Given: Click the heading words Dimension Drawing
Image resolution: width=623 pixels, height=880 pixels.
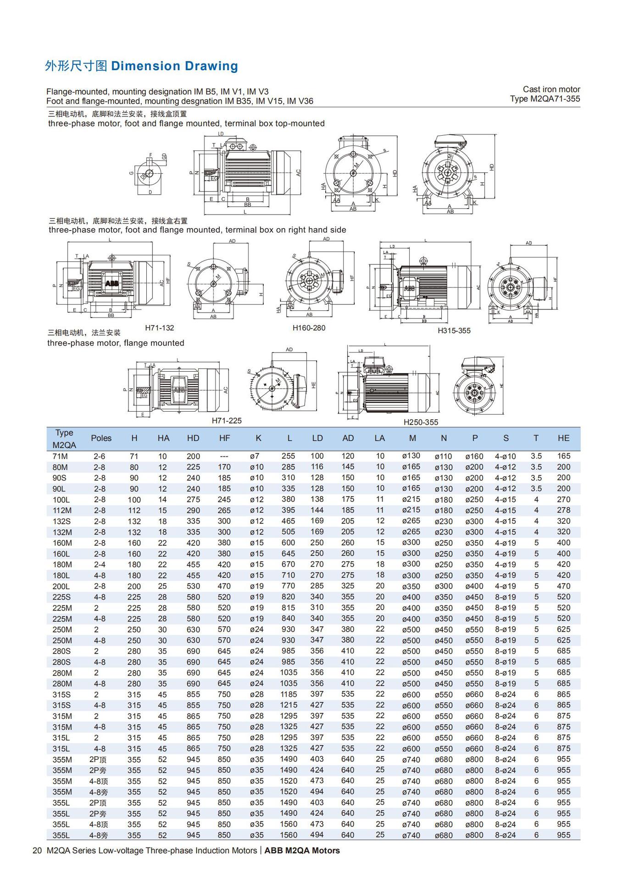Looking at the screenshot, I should (x=174, y=66).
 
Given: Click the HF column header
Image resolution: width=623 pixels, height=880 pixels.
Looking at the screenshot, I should (x=224, y=438).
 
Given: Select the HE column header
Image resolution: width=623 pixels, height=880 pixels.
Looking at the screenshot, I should (x=563, y=438).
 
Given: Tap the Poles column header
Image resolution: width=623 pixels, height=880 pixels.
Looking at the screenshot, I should (x=101, y=438).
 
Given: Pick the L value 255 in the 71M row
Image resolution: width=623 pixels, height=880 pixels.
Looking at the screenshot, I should (x=288, y=456).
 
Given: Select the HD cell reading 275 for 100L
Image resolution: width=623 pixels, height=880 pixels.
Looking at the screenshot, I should (x=193, y=500).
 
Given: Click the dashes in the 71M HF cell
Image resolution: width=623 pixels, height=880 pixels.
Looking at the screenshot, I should (x=224, y=456).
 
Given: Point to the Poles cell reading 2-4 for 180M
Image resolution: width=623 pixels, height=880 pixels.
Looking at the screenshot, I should (x=100, y=565).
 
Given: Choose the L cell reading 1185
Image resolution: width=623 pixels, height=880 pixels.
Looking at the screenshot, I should (x=289, y=694).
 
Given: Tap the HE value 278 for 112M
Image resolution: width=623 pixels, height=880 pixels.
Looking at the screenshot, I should (x=563, y=510).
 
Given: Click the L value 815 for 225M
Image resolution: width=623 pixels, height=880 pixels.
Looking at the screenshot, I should (x=288, y=608).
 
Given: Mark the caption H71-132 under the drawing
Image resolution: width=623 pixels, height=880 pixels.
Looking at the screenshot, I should (x=160, y=328).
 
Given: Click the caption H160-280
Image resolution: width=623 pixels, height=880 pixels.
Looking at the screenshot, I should (x=309, y=328).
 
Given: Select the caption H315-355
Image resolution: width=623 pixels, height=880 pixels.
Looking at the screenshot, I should (x=454, y=330).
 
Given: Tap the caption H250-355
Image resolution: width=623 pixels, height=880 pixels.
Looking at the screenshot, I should (x=421, y=422).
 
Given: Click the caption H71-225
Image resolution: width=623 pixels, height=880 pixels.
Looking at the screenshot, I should (x=227, y=421).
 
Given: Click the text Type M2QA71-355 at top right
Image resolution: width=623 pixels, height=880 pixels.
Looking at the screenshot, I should (x=545, y=99).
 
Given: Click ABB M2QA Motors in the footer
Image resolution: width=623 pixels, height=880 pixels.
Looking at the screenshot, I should (x=302, y=851).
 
